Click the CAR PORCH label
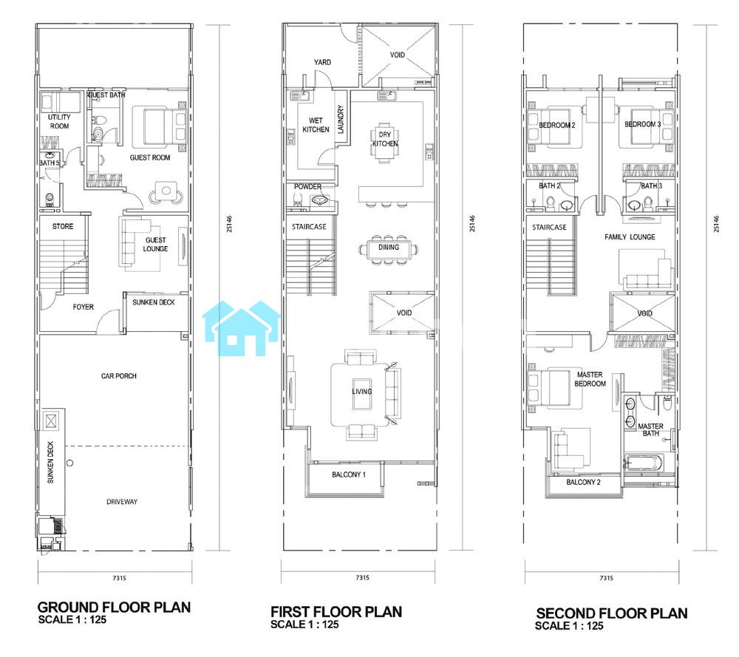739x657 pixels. click(119, 376)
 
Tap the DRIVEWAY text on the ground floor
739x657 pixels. click(122, 502)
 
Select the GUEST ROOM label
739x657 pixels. click(150, 157)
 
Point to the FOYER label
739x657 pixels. click(83, 307)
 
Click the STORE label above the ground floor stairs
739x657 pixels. click(63, 226)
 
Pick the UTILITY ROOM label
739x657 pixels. click(59, 122)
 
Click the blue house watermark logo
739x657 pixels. click(241, 328)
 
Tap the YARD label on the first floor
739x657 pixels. click(322, 62)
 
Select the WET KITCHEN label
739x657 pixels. click(316, 125)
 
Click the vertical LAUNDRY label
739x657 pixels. click(341, 119)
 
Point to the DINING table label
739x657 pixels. click(389, 247)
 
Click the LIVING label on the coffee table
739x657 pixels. click(362, 391)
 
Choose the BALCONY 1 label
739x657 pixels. click(349, 474)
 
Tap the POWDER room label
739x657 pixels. click(307, 187)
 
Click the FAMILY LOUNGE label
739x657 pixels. click(630, 237)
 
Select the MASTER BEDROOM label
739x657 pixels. click(590, 379)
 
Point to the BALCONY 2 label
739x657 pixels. click(584, 482)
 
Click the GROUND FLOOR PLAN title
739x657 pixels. click(114, 607)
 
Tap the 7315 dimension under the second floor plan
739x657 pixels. click(606, 578)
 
